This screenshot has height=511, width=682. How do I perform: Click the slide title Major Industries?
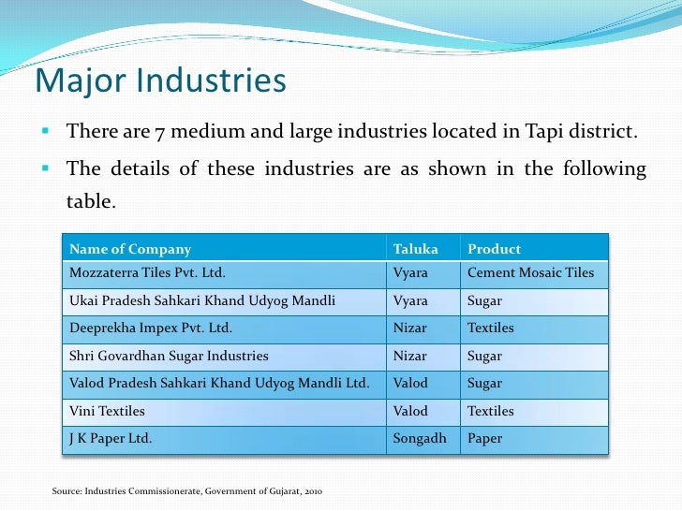tap(159, 82)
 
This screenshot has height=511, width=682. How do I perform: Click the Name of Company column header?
tap(130, 249)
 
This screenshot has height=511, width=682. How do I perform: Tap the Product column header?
tap(494, 249)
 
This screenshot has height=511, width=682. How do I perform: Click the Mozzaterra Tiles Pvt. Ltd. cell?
tap(147, 273)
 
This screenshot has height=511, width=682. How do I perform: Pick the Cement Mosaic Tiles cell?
tap(530, 273)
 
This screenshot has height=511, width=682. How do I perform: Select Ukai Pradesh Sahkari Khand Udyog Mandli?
tap(202, 301)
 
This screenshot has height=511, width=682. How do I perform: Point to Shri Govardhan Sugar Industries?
tap(169, 356)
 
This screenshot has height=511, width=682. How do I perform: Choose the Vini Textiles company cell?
tap(108, 411)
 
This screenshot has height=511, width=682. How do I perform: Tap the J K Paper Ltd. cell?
tap(111, 438)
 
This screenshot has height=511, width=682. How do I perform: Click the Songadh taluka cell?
tap(422, 438)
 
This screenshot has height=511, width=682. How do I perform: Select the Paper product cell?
tap(484, 438)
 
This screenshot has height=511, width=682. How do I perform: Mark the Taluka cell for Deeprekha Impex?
tap(409, 328)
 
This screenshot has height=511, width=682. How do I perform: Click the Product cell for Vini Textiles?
tap(491, 411)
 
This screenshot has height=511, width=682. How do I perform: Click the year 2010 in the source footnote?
tap(313, 491)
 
